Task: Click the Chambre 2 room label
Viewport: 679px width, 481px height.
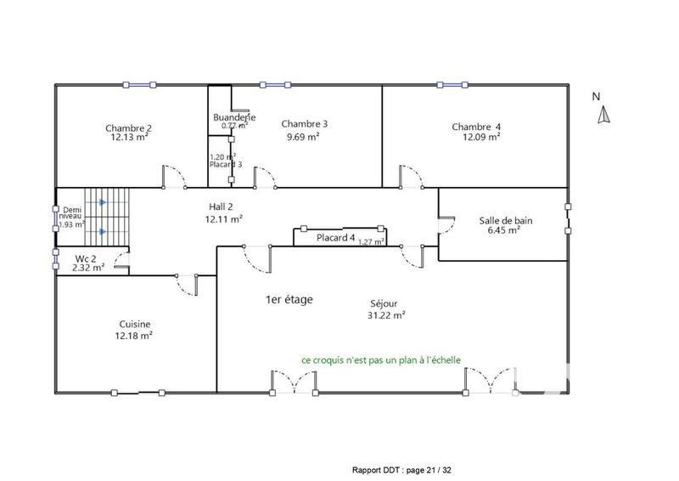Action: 129,127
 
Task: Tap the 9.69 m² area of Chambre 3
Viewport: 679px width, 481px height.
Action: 303,136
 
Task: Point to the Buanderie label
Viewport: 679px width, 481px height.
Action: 234,117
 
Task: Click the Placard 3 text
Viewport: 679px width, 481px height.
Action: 226,164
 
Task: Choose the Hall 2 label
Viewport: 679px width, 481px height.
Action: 224,207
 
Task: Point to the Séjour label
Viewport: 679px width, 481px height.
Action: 384,303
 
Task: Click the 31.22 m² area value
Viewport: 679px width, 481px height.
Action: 387,314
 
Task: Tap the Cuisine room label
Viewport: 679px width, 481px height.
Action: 135,324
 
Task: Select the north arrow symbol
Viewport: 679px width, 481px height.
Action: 603,116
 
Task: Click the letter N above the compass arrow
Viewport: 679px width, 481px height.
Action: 597,97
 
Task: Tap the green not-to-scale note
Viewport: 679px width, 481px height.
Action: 381,359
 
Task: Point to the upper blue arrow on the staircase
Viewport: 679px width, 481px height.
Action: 101,202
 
